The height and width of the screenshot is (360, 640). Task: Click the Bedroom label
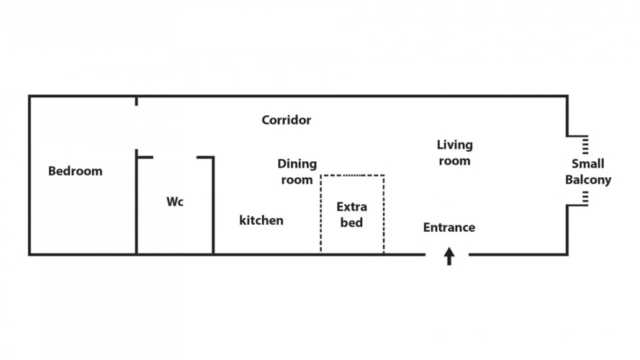point(75,171)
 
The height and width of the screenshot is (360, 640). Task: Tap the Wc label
point(175,202)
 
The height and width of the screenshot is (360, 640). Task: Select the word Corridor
point(286,120)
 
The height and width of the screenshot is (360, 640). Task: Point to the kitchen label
point(261,220)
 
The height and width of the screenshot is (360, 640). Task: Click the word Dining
point(297,164)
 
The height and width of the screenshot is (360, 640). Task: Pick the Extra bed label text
point(351,215)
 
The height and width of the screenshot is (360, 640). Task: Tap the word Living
point(454,145)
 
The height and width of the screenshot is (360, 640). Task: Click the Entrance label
point(449,228)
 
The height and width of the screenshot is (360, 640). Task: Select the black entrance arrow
point(449,256)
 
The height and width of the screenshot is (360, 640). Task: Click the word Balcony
point(587,180)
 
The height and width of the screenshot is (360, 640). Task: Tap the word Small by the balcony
point(587,164)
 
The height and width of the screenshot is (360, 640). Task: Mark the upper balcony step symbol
point(585,144)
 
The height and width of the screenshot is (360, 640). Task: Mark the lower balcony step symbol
point(585,198)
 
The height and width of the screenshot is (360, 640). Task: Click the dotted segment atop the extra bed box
point(353,175)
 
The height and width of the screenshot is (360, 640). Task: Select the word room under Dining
point(297,180)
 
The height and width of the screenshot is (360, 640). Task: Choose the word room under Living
point(454,161)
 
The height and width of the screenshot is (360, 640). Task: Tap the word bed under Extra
point(351,223)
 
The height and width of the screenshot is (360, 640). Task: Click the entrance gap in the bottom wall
point(447,254)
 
